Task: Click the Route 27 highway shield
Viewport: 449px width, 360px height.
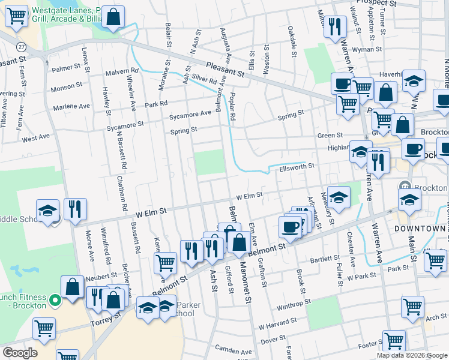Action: pos(22,47)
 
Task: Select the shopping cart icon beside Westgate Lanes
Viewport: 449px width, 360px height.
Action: pos(17,16)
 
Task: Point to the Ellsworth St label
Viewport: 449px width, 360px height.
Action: pos(297,166)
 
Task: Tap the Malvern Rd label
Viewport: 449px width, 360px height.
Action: pos(122,71)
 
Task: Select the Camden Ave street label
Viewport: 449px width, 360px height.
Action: pos(235,351)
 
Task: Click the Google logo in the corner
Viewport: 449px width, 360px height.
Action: pos(20,353)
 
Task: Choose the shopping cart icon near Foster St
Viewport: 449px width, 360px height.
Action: pos(394,340)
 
